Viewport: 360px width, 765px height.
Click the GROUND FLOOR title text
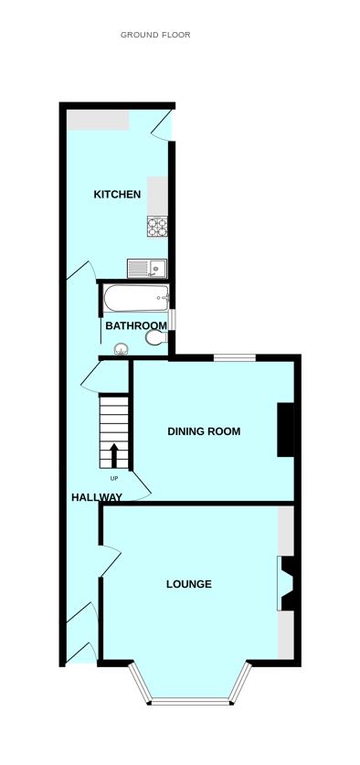[x=155, y=35]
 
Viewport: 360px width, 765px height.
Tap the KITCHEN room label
[x=117, y=194]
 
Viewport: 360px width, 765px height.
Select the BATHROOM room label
[x=136, y=325]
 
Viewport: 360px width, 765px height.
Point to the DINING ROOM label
[x=204, y=431]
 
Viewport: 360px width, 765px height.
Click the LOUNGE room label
[x=189, y=584]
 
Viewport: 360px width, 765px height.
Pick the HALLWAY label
[x=97, y=497]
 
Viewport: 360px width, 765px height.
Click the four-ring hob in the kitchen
[x=157, y=227]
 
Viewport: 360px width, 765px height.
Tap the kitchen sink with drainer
[x=147, y=268]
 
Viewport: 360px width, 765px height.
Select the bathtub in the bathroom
[x=136, y=298]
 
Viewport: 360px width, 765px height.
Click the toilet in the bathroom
[x=156, y=337]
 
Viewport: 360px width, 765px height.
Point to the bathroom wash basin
[x=122, y=349]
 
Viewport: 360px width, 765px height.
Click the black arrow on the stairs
[x=113, y=455]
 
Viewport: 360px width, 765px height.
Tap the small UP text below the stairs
[x=114, y=478]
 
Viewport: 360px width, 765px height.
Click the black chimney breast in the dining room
[x=285, y=430]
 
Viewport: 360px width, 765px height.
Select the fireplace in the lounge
[x=286, y=583]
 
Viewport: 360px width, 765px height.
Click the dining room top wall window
[x=235, y=358]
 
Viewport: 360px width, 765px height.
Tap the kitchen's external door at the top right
[x=163, y=125]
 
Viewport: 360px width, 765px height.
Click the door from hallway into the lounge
[x=110, y=561]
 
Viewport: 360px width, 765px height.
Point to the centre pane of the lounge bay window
[x=190, y=701]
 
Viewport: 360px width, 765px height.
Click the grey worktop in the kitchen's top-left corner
[x=98, y=120]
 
